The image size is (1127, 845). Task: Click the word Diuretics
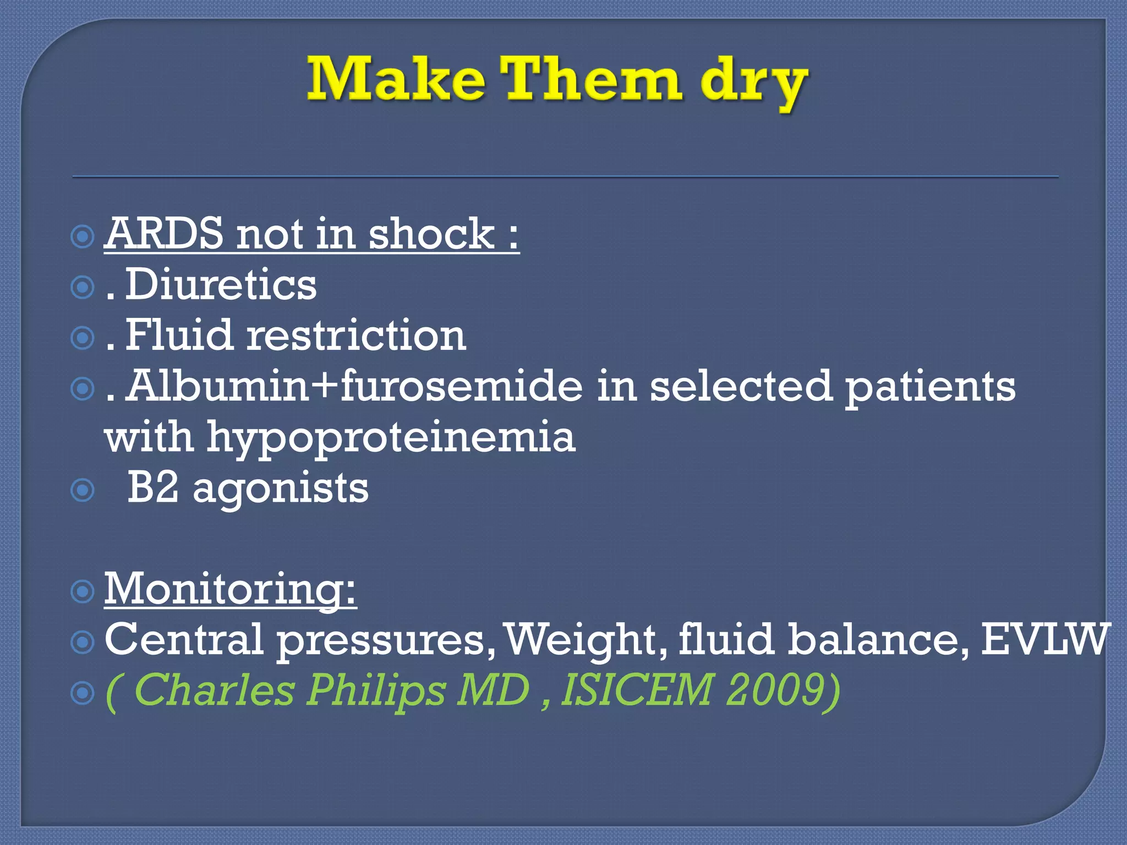pos(221,284)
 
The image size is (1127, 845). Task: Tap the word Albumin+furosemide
pos(355,386)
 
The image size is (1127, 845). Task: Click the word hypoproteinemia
pos(391,437)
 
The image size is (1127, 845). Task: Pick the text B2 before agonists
pos(152,488)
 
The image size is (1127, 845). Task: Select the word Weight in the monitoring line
pos(586,640)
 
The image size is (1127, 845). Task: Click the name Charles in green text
pos(214,690)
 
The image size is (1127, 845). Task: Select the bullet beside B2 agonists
pos(83,490)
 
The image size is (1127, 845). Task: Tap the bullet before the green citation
pos(83,693)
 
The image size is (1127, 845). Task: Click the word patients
pos(929,387)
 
